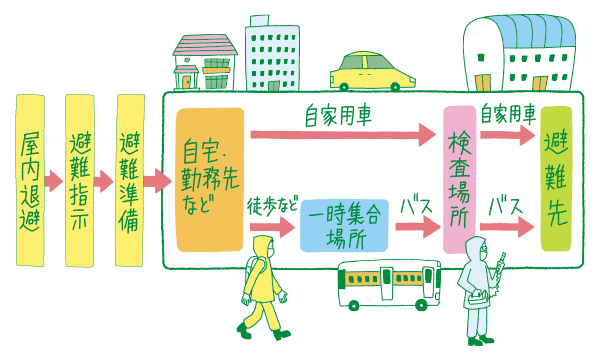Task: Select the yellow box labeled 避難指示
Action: [x=81, y=180]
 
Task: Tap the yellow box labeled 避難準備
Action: [x=131, y=180]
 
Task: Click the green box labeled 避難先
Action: [x=557, y=180]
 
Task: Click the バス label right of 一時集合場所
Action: [x=413, y=204]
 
